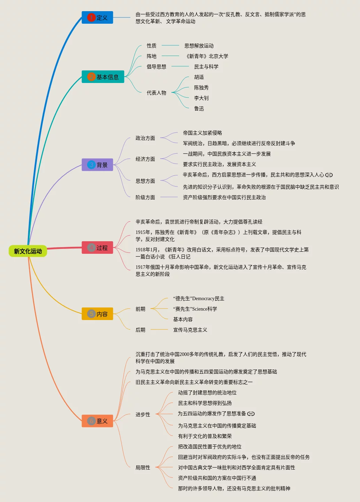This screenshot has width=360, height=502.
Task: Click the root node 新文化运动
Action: pos(28,251)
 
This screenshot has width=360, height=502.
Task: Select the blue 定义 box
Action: pos(98,17)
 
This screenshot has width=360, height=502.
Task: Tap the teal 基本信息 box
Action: pos(103,77)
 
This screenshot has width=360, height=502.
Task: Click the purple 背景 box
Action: pos(98,165)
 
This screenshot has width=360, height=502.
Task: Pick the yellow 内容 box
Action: pos(98,314)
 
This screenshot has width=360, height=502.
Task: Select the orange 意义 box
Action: pos(98,421)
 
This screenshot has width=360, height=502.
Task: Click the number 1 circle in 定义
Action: pos(91,17)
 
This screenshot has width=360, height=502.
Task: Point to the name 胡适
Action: pos(199,77)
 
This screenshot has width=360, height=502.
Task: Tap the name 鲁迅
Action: pos(199,108)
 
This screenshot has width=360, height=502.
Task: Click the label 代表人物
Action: pos(156,93)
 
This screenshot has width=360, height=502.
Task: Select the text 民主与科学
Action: pos(206,67)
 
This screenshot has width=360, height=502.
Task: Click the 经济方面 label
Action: pos(145,159)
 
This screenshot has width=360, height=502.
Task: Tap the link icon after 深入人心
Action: pos(329,175)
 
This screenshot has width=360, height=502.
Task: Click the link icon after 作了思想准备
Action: pos(251,414)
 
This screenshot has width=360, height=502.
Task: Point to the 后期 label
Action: pos(140,330)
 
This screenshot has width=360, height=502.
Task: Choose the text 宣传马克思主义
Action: pos(190,330)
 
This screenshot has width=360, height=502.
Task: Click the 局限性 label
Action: pos(143,467)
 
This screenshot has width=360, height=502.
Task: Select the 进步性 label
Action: pos(143,414)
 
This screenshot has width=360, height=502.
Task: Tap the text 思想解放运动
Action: pos(199,46)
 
